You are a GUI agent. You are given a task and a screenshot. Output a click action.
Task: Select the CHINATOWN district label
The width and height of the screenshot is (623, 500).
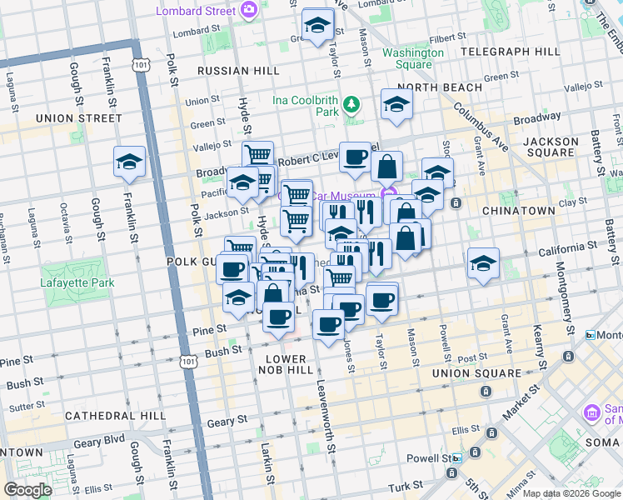coord(518,211)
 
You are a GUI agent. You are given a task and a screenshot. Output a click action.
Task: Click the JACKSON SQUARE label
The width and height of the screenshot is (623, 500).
coord(550,147)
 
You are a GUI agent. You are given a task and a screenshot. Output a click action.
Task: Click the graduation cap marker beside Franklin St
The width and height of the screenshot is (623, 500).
coord(130,162)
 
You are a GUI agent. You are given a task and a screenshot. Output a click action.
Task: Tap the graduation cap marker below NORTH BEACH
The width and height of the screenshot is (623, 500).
coord(397,104)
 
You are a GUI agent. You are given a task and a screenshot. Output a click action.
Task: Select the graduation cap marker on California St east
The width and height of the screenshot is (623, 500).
coord(484,263)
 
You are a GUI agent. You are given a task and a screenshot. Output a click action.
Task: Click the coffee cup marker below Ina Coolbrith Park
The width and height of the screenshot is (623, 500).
coord(356,157)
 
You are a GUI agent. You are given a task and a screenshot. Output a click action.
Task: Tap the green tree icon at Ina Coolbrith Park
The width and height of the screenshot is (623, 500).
coord(352,104)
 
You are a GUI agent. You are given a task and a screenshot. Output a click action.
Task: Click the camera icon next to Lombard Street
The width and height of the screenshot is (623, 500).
coord(248,9)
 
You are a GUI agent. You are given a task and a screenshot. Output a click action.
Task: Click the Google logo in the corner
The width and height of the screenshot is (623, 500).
coord(28,490)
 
